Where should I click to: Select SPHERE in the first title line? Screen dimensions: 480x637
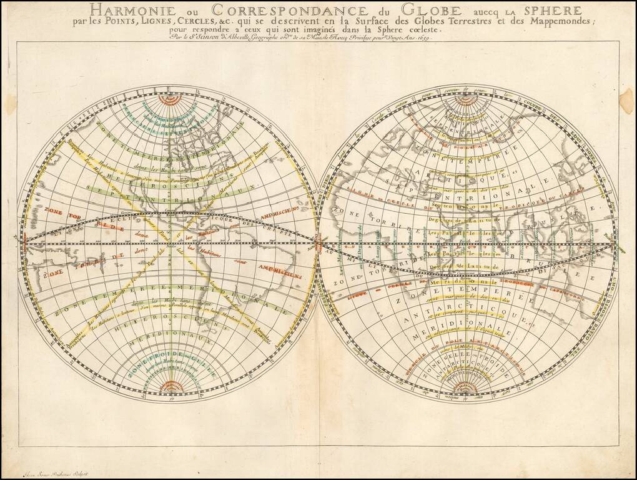(544, 11)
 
